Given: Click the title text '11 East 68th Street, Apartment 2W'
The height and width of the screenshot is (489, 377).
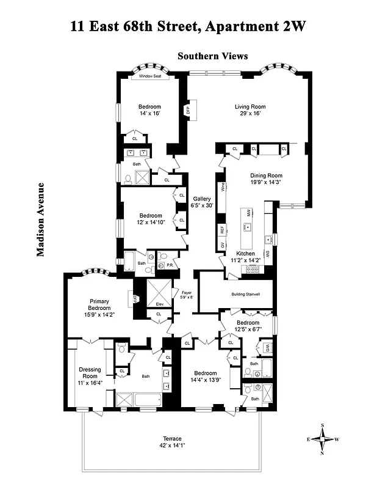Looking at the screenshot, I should point(188,26).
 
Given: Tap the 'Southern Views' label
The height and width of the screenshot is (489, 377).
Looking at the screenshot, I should point(212,56).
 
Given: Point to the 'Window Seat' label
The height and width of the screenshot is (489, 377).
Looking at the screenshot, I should point(149,76).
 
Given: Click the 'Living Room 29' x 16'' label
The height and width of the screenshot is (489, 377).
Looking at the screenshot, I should point(250,110).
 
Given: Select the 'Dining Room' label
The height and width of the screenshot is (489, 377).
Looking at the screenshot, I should point(266,179).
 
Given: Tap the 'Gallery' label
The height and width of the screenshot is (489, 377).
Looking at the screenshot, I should point(202,202).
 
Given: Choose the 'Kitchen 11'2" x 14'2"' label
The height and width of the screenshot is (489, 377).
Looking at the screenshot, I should point(245,257).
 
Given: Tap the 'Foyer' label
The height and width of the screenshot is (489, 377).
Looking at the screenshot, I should point(187,295).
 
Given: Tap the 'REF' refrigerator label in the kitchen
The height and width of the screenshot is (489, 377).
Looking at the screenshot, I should point(223,230).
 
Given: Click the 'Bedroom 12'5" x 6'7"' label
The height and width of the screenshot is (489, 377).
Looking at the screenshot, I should point(248,326).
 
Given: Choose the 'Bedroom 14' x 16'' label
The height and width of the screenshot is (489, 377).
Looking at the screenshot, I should point(149,110).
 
